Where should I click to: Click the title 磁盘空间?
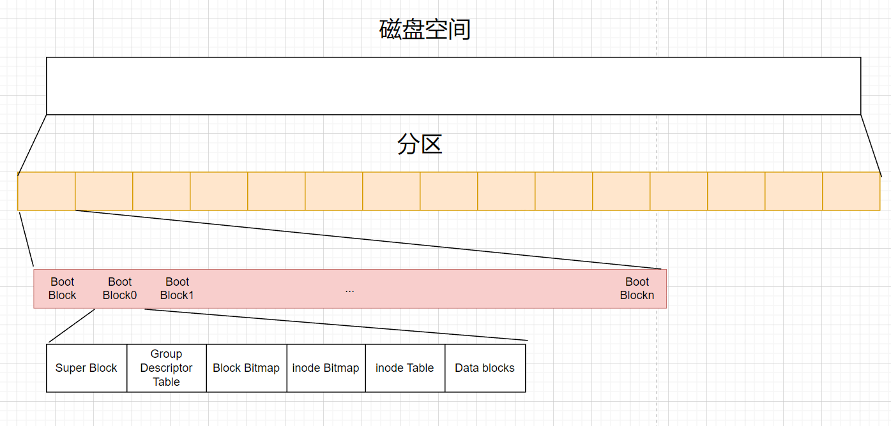[425, 30]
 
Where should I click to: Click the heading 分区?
[420, 145]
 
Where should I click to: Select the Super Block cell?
[86, 368]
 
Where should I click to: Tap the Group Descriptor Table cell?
[166, 368]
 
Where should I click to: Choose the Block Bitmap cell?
[246, 368]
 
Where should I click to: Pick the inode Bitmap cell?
[326, 368]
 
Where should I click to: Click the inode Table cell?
[404, 368]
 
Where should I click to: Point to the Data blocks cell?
[485, 368]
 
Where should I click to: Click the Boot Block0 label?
[119, 288]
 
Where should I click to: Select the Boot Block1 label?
[177, 288]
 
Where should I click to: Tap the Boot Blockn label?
[637, 288]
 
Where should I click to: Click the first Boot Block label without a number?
[62, 288]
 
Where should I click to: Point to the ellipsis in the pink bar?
[349, 290]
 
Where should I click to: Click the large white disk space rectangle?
[453, 86]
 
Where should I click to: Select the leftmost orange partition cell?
[47, 191]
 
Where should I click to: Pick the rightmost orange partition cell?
[851, 191]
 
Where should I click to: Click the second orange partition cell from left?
[104, 191]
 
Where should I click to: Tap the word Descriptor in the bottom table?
[166, 368]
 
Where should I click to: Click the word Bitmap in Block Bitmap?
[262, 368]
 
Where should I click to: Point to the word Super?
[70, 368]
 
